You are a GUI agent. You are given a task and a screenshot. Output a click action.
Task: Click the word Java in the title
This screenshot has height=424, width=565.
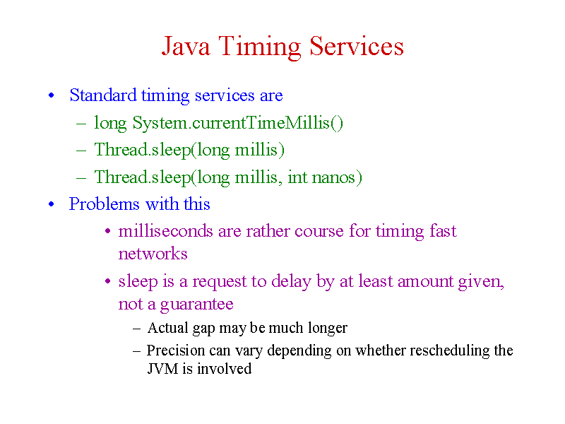click(186, 47)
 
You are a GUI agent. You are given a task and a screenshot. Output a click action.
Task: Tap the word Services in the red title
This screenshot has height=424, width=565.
click(357, 46)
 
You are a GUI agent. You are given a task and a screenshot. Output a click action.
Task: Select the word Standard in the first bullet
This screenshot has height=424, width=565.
click(103, 95)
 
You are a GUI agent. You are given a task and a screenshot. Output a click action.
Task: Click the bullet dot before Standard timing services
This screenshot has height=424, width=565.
click(51, 95)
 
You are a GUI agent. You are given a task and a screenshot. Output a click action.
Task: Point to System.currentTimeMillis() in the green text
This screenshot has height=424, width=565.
click(238, 123)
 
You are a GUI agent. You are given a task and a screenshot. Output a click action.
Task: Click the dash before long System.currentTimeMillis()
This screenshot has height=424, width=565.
click(81, 124)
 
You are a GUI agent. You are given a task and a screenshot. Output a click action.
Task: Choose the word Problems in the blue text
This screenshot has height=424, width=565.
click(104, 204)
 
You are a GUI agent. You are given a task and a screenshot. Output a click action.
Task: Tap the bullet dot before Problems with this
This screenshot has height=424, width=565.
click(51, 204)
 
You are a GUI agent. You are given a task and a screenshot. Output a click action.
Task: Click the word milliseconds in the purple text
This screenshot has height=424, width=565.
click(165, 231)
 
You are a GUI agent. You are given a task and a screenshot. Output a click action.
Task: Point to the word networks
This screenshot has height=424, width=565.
click(153, 254)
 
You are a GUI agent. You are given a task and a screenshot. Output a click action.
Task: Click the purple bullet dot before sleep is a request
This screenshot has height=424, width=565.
click(107, 281)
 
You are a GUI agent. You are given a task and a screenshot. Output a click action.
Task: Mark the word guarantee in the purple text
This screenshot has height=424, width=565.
click(197, 305)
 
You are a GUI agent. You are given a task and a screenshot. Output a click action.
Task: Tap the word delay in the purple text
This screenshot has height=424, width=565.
click(291, 281)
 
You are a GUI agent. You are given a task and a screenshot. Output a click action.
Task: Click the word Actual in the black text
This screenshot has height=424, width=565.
click(168, 328)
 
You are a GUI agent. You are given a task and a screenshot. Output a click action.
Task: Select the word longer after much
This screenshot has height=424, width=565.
click(328, 328)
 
